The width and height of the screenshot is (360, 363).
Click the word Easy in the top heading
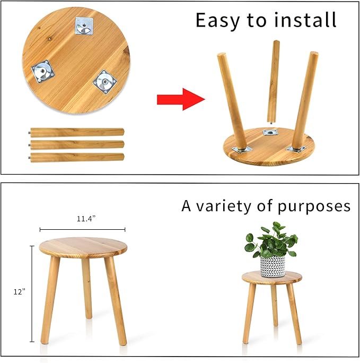(218, 20)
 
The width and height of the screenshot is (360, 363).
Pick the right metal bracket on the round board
(104, 82)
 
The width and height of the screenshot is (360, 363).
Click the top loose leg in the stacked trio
(77, 132)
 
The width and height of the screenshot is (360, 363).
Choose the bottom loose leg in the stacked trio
(77, 157)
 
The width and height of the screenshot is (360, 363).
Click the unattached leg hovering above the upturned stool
(273, 80)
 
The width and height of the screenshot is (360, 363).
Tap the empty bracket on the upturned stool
(272, 133)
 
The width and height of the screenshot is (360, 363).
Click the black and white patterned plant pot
(273, 265)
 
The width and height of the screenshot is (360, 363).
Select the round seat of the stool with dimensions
(83, 247)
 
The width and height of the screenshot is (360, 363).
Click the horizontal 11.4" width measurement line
(82, 229)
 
